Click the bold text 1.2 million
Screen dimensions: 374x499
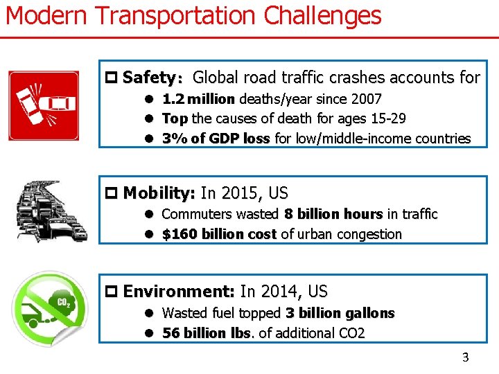pyautogui.click(x=198, y=100)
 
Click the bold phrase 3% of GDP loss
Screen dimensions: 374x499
pyautogui.click(x=216, y=139)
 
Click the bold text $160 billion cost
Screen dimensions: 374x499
pyautogui.click(x=219, y=234)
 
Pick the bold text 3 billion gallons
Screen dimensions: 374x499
pyautogui.click(x=340, y=313)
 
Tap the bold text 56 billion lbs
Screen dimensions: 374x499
pyautogui.click(x=204, y=333)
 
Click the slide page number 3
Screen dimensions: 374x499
pyautogui.click(x=465, y=357)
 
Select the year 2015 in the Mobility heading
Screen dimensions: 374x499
pyautogui.click(x=239, y=193)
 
